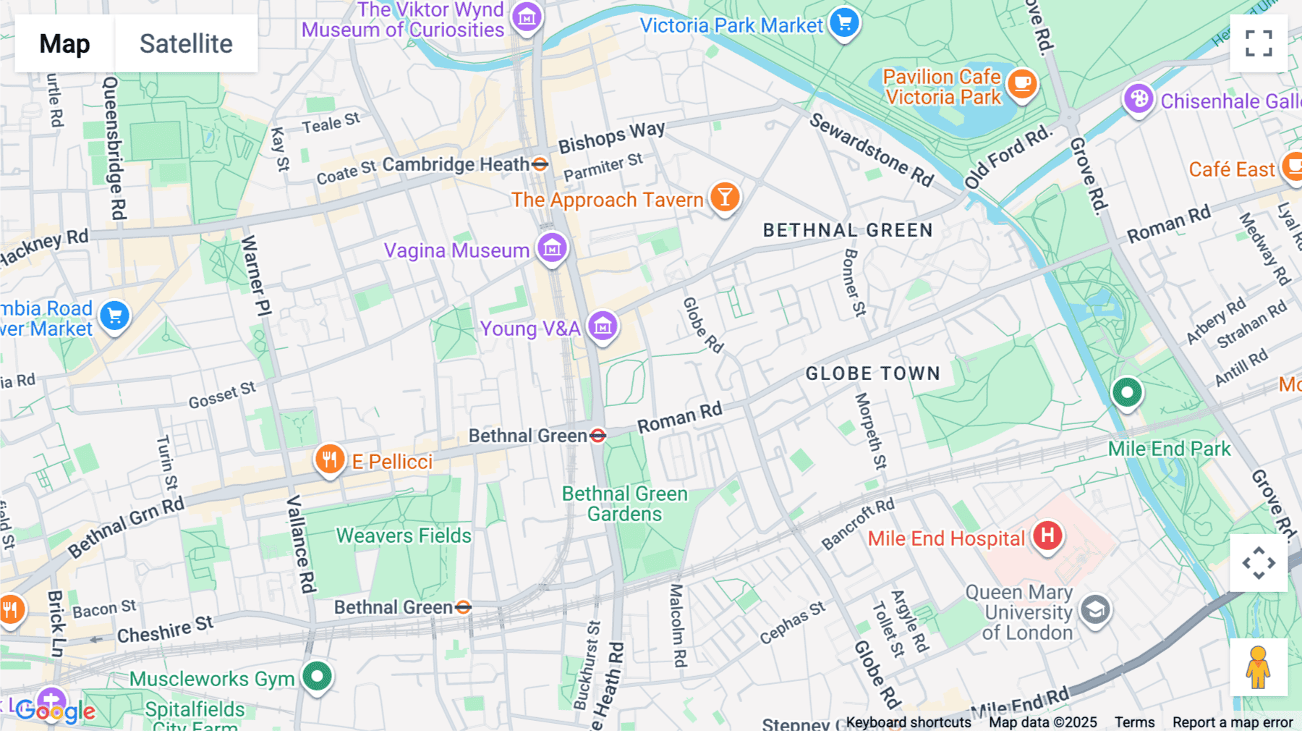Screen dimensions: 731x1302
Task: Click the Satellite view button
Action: (x=186, y=43)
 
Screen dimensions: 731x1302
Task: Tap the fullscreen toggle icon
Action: (x=1259, y=43)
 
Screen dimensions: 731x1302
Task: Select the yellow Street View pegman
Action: (x=1259, y=667)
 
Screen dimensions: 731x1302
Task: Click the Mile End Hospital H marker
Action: (x=1047, y=536)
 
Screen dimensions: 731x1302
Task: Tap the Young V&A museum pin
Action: (x=603, y=327)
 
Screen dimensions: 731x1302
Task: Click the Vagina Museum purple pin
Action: (x=552, y=248)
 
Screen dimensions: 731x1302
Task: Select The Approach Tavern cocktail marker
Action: (x=724, y=197)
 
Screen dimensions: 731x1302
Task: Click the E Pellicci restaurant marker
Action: (x=330, y=459)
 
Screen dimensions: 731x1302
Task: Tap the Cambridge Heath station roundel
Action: (x=540, y=164)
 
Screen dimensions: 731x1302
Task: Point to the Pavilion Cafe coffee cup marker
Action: (x=1022, y=84)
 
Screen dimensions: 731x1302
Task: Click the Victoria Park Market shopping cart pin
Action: (x=844, y=22)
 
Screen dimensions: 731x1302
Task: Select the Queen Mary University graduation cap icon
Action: (x=1095, y=610)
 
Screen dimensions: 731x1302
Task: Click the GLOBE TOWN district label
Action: (x=872, y=373)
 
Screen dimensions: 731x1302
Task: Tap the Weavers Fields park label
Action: (x=404, y=536)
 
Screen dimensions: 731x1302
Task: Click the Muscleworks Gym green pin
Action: (x=317, y=677)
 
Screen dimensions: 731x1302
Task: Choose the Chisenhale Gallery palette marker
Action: (x=1139, y=98)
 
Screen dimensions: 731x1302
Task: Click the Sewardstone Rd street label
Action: (x=871, y=149)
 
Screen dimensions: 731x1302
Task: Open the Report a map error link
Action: (x=1233, y=722)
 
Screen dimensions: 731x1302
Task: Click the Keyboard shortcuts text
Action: (x=909, y=722)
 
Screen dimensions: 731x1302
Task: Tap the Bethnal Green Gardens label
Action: (x=624, y=504)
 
